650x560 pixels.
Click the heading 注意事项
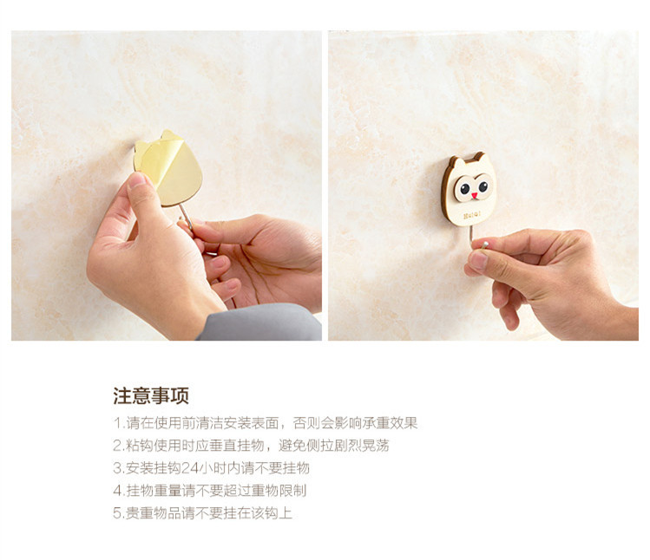(151, 395)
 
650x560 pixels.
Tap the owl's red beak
(474, 195)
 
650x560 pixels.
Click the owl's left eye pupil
(465, 189)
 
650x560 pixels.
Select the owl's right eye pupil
(483, 186)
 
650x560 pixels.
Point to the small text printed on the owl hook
(472, 215)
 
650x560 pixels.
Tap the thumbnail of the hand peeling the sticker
(137, 180)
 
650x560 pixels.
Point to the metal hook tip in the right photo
(484, 244)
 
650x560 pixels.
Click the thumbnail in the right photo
(478, 261)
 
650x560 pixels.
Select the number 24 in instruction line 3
(190, 468)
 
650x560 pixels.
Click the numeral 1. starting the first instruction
(119, 423)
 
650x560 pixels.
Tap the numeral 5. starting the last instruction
(119, 513)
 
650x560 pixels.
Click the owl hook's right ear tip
(481, 153)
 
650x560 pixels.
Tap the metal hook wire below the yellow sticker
(186, 216)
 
